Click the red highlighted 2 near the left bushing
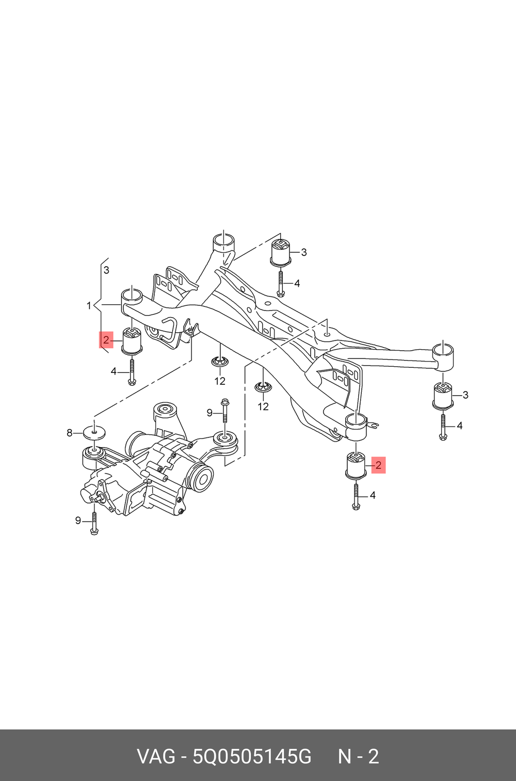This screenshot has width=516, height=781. coord(106,340)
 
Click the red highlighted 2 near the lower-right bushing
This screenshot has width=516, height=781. coord(378,465)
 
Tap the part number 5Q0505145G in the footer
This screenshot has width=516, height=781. coord(252,757)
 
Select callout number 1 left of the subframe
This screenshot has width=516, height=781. coord(89,306)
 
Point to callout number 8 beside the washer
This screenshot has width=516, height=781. coord(70,433)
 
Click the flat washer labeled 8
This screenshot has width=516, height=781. coord(94,432)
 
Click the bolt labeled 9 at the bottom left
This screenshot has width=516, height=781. coord(94,523)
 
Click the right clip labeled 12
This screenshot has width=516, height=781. coord(263,387)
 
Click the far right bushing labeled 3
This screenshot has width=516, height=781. coord(442,396)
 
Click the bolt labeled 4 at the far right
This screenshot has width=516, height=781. coord(443,427)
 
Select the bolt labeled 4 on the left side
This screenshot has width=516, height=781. coord(132,371)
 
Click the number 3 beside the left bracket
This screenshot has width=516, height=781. coord(106,270)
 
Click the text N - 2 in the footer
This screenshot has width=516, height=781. coord(358,757)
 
